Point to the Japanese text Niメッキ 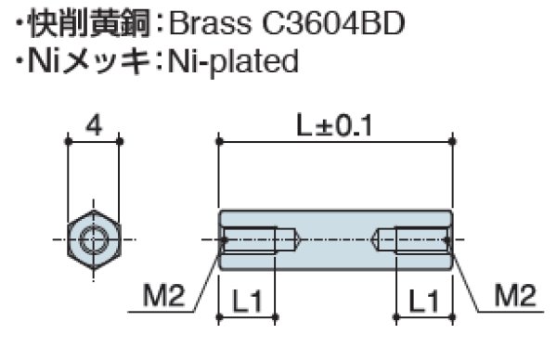[85, 61]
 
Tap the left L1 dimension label [248, 301]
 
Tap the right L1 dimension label [423, 301]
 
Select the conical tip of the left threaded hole [289, 241]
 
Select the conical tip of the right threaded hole [382, 241]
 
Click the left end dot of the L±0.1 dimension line [220, 141]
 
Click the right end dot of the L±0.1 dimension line [452, 141]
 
